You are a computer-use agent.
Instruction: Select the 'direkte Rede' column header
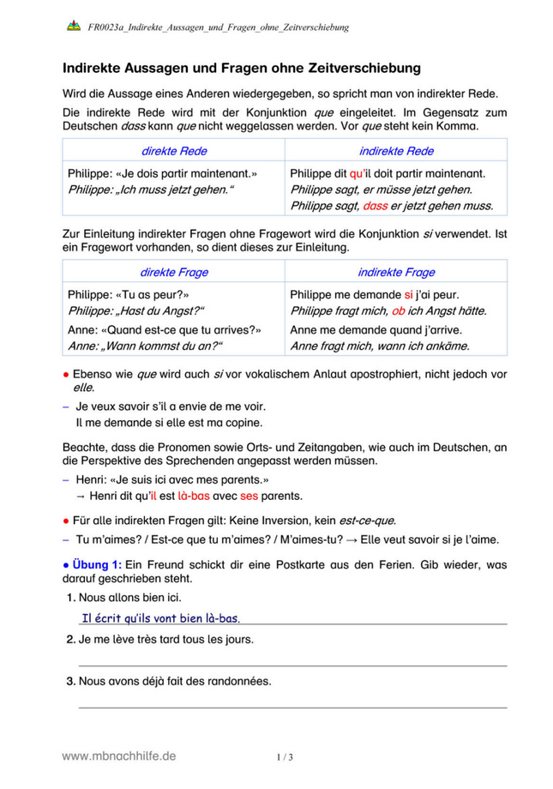[x=173, y=150]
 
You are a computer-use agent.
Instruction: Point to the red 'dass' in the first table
[x=375, y=205]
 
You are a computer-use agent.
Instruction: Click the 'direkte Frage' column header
[x=173, y=273]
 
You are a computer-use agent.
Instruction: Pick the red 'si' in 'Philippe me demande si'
[x=408, y=294]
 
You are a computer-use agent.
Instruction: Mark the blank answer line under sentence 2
[x=292, y=665]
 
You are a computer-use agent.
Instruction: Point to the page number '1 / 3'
[x=285, y=757]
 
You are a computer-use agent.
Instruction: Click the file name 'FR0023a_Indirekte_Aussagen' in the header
[x=219, y=27]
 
